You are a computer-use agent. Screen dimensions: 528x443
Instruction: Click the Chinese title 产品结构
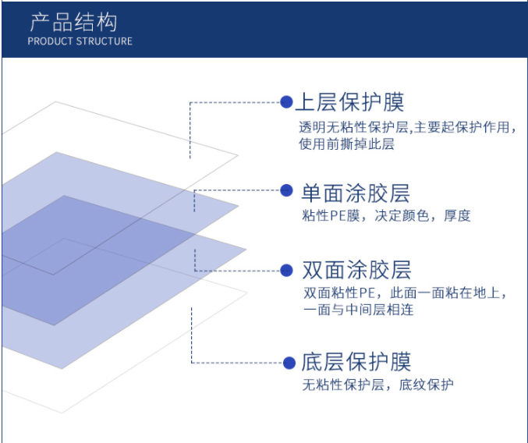(73, 22)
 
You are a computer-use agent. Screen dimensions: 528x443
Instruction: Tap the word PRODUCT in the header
(51, 41)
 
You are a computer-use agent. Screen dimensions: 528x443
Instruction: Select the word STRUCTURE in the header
(104, 41)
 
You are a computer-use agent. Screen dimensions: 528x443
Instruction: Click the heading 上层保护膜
(350, 101)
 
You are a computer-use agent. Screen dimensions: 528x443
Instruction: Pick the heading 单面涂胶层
(356, 193)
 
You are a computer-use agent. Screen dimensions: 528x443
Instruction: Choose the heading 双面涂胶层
(356, 270)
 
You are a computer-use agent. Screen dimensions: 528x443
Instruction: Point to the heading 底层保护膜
(356, 362)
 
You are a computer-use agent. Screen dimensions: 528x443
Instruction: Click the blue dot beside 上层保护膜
(286, 102)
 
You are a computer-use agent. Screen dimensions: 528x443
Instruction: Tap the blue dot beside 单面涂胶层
(286, 190)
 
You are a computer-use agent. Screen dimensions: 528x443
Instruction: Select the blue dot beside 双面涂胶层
(286, 271)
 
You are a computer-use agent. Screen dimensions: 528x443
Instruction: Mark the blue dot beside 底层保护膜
(289, 363)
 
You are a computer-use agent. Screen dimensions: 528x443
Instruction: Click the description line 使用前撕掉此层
(346, 144)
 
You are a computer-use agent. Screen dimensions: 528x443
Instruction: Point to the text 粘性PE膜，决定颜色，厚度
(386, 215)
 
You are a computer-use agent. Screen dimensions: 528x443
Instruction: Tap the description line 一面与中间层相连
(358, 310)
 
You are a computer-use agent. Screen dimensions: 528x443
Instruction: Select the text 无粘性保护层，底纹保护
(377, 385)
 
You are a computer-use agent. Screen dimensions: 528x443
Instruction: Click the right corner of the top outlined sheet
(238, 155)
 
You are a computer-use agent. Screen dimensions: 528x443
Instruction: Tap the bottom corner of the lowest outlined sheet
(62, 413)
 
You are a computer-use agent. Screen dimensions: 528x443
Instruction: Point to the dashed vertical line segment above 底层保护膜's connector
(192, 335)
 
